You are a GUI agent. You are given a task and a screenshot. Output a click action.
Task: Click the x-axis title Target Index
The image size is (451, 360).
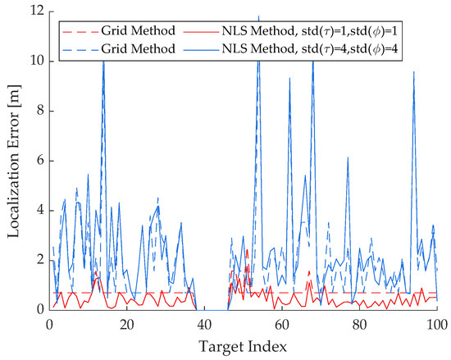242,347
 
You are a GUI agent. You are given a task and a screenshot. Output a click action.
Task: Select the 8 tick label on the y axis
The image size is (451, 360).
39,111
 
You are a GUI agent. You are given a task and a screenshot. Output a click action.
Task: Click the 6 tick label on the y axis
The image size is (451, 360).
39,161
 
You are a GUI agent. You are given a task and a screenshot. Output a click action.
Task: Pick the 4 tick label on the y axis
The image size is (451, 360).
39,210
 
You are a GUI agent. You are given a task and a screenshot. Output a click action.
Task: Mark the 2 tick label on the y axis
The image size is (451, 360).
39,260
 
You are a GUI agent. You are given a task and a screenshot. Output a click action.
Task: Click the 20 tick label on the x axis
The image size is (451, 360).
126,324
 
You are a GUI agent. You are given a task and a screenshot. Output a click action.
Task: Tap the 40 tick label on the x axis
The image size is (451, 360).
203,324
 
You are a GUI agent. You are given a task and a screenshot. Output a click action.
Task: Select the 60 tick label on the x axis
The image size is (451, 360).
281,324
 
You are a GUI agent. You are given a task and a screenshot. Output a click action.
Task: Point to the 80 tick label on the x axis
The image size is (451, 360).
358,324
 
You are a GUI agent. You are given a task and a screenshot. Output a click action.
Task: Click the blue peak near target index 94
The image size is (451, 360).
413,72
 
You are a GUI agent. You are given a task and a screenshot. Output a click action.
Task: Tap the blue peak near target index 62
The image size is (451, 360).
289,78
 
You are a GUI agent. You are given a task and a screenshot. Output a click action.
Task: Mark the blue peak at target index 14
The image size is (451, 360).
103,59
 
